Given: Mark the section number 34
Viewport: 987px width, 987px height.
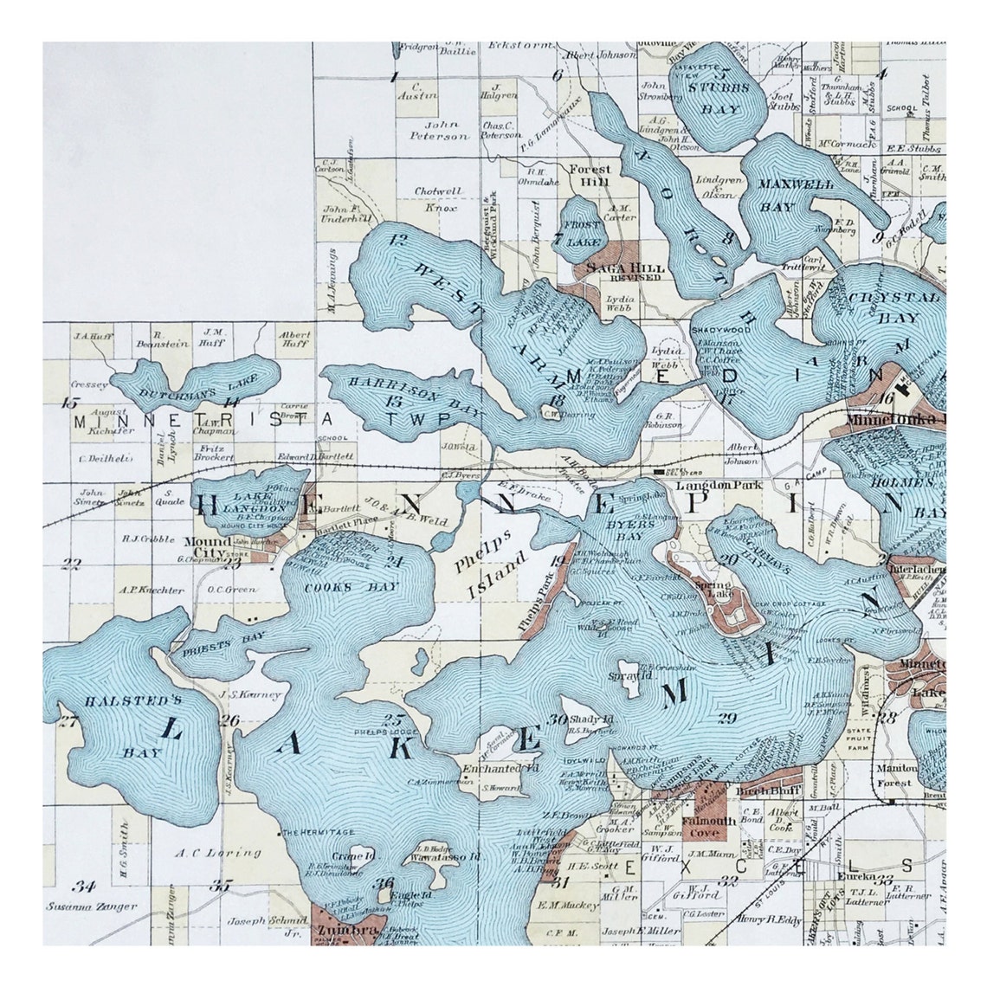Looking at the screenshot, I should pos(83,886).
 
